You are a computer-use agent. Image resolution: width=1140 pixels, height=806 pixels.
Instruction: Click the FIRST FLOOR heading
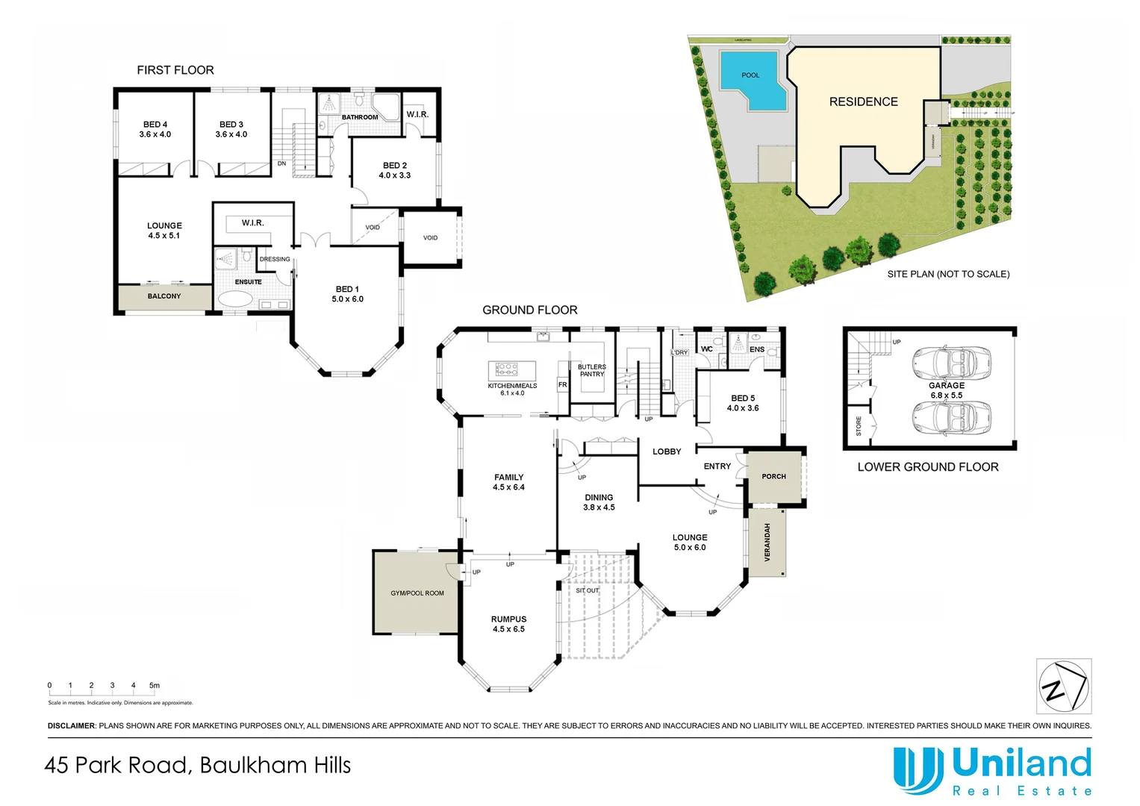(x=175, y=70)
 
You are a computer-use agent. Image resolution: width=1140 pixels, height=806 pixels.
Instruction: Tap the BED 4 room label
(x=155, y=125)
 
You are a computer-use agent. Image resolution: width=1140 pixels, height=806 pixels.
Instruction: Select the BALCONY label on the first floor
(x=164, y=296)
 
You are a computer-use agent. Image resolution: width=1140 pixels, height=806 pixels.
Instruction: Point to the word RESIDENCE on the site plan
(x=864, y=101)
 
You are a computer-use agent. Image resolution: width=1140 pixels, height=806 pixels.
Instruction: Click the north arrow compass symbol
(x=1063, y=686)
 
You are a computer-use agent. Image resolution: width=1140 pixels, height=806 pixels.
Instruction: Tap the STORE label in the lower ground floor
(x=859, y=426)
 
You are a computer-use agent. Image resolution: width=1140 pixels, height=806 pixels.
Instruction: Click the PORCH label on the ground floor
(x=774, y=476)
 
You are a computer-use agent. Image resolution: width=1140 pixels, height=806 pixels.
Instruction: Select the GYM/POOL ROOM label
(x=417, y=593)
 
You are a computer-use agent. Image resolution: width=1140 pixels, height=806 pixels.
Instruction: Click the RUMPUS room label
(x=508, y=619)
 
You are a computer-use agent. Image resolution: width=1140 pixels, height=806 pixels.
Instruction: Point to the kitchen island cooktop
(x=506, y=369)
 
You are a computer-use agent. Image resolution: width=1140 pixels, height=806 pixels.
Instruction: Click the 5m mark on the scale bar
(x=155, y=685)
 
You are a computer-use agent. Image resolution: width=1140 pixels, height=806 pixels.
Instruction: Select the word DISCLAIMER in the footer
(x=72, y=726)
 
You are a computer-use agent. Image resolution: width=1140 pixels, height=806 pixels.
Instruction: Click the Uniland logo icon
(x=918, y=770)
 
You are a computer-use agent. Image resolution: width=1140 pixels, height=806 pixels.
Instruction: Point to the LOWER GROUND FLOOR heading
(x=928, y=467)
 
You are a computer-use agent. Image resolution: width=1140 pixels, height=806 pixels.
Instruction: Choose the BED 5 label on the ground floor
(x=743, y=399)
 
